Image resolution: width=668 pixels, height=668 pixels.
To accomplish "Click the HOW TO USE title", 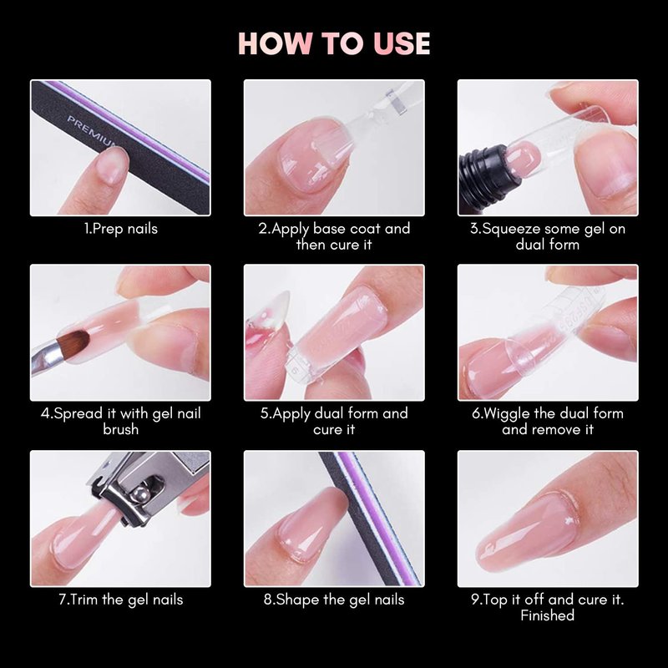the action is click(334, 43).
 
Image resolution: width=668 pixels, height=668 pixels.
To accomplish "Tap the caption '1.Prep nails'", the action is click(120, 229).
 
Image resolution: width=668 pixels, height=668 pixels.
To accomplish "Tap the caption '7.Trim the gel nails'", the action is click(120, 600).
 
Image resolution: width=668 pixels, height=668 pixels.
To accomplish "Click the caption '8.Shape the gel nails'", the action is click(333, 600).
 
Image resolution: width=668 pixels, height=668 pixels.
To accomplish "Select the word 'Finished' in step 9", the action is click(548, 615).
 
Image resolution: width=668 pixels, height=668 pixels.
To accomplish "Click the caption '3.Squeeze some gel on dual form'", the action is click(548, 236).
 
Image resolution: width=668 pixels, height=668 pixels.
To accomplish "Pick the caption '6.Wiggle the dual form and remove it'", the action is click(548, 422).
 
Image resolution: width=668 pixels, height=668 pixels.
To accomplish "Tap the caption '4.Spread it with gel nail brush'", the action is click(120, 422).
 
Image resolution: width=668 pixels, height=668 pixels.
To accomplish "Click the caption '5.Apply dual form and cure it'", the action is click(334, 422).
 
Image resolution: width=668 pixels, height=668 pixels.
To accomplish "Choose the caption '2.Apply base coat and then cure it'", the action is click(334, 236).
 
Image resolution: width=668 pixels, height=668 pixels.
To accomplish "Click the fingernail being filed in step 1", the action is click(112, 165).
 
